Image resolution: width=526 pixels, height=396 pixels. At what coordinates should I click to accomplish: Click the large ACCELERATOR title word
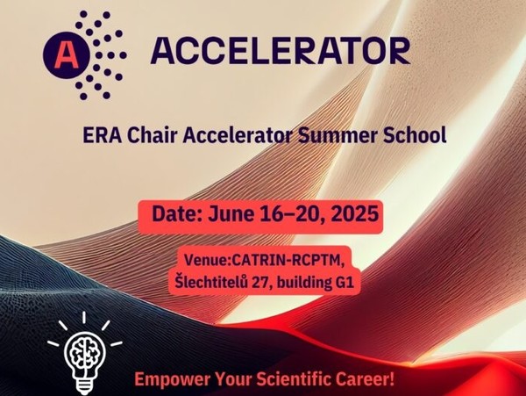(281, 51)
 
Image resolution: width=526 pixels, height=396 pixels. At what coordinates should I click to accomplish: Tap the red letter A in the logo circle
(66, 55)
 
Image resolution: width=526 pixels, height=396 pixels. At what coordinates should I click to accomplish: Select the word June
(231, 213)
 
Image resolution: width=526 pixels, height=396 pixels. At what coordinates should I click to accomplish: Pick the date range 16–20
(292, 214)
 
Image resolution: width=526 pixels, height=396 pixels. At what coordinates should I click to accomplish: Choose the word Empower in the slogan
(173, 380)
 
